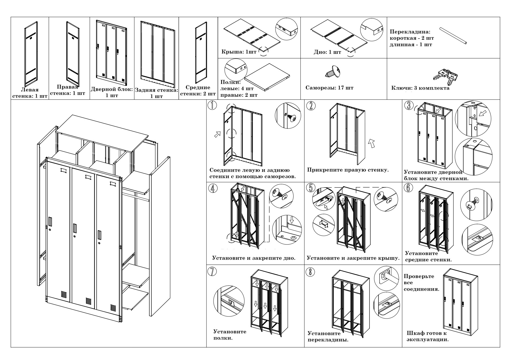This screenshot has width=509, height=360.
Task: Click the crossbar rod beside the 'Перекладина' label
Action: point(453,36)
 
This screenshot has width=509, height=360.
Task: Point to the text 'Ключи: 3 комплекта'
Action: point(420,88)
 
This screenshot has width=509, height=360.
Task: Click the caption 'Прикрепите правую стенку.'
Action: point(347,170)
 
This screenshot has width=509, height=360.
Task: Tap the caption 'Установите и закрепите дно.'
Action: point(254,258)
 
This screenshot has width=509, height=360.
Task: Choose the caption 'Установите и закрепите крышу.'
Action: point(353,258)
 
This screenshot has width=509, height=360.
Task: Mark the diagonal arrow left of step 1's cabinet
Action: point(217,134)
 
